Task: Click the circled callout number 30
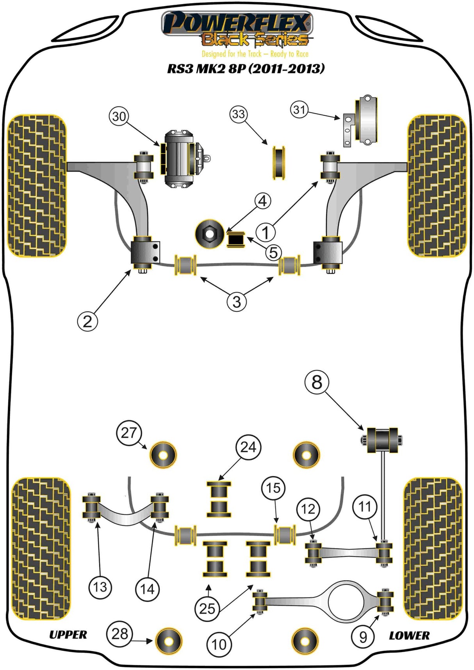[119, 116]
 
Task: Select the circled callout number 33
[239, 114]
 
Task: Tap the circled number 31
[299, 110]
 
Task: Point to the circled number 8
[317, 382]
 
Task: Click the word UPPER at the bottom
[68, 635]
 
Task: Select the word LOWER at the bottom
[409, 636]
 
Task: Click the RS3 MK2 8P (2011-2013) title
[246, 69]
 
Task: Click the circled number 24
[248, 447]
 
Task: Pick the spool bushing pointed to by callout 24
[219, 499]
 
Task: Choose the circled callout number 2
[87, 321]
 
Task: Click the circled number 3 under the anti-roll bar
[237, 302]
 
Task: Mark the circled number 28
[119, 634]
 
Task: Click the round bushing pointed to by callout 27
[163, 455]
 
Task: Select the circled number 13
[100, 587]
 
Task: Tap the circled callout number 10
[219, 644]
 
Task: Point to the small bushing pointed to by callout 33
[279, 163]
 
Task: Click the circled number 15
[273, 488]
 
